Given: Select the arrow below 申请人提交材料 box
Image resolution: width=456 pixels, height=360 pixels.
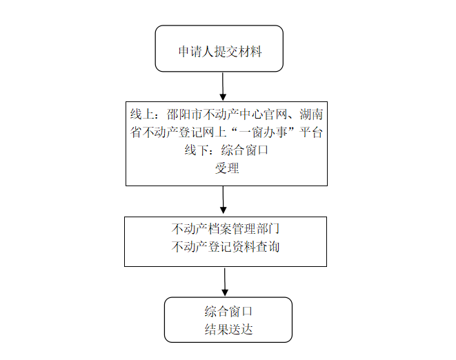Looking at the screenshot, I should pyautogui.click(x=223, y=86).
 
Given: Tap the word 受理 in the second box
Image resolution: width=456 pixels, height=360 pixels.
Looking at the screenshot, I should pyautogui.click(x=227, y=168).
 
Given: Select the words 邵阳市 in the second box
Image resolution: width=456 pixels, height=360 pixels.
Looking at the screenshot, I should pyautogui.click(x=186, y=114).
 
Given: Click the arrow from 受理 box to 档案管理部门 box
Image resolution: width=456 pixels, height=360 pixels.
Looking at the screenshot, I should pyautogui.click(x=223, y=201).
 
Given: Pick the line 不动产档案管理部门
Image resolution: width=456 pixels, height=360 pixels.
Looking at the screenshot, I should pyautogui.click(x=226, y=228).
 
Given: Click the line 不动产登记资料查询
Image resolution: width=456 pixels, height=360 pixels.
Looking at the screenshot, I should pyautogui.click(x=226, y=247).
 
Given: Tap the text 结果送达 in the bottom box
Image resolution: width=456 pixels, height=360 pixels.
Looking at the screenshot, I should pyautogui.click(x=228, y=329).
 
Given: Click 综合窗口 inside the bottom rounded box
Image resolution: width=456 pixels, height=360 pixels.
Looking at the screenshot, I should pyautogui.click(x=228, y=311).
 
